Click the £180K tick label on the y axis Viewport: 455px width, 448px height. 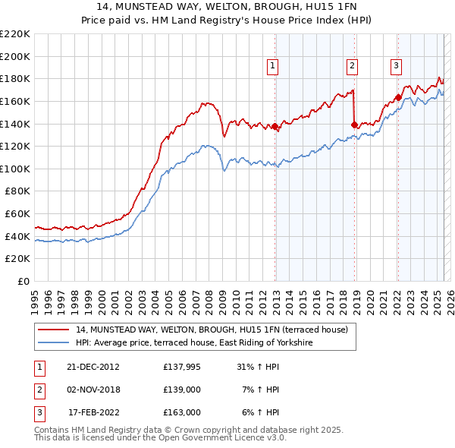16,78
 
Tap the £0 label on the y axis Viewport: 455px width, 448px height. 24,281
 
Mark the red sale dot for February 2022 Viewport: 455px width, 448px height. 398,97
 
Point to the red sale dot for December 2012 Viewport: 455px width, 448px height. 275,127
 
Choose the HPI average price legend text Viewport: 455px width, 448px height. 194,343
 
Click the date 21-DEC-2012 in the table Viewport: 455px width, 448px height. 93,367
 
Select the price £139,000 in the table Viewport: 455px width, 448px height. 182,390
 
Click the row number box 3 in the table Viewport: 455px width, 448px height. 38,412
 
